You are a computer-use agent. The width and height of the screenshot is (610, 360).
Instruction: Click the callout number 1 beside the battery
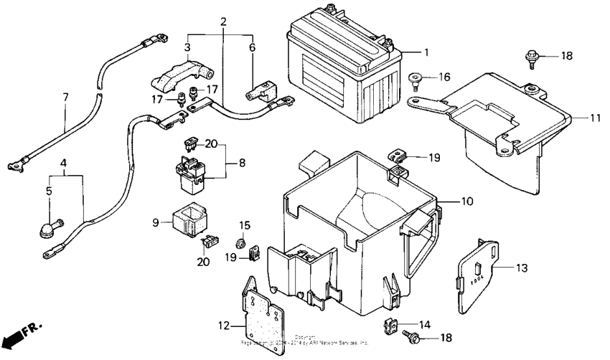[426, 52]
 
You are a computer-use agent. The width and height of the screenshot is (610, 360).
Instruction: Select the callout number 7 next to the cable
[65, 97]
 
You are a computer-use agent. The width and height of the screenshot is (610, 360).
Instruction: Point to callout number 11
[595, 116]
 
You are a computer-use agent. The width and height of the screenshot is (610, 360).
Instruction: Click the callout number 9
[156, 223]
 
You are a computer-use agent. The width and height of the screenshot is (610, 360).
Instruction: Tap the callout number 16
[445, 77]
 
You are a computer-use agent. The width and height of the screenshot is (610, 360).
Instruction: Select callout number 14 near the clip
[426, 324]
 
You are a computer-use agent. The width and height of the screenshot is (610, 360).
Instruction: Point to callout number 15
[243, 225]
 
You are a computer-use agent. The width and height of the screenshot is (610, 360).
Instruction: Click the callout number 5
[49, 191]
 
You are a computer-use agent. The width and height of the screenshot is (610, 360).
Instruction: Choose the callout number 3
[188, 48]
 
